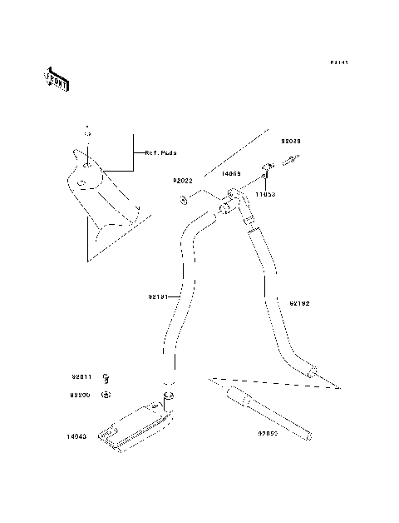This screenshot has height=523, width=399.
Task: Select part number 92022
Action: (x=183, y=181)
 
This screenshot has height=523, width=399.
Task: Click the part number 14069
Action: (x=230, y=175)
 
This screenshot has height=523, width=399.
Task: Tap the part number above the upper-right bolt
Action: (x=291, y=142)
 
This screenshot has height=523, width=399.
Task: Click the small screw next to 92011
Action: (x=106, y=378)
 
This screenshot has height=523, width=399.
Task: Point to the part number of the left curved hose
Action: (x=159, y=296)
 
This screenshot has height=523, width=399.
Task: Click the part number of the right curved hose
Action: (x=300, y=305)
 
